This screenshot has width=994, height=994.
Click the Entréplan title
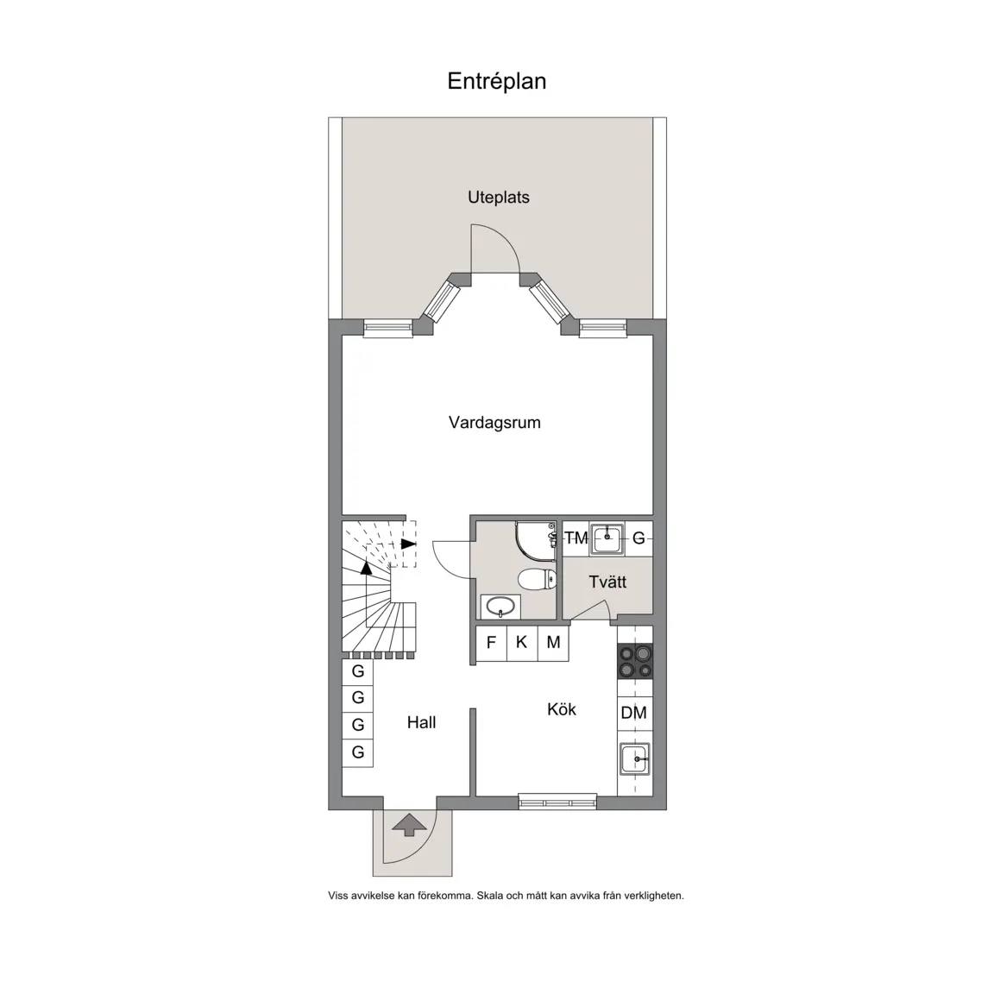(496, 81)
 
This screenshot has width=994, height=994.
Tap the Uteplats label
(498, 197)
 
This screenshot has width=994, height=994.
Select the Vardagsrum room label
(494, 423)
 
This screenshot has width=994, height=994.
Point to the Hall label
(422, 722)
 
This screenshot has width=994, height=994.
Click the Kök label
(562, 708)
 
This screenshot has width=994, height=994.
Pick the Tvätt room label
(607, 582)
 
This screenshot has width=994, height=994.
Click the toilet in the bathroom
(537, 579)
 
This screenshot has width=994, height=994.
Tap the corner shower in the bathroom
(536, 541)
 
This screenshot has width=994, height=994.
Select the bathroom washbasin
(500, 607)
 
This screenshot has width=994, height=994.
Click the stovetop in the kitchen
(635, 661)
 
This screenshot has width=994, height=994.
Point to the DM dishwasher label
(634, 713)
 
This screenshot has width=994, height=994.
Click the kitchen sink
(634, 758)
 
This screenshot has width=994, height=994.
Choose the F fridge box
(491, 643)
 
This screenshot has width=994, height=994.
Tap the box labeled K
(522, 643)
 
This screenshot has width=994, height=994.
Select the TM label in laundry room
(576, 538)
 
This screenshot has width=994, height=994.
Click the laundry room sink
(607, 538)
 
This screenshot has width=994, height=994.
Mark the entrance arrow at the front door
(409, 825)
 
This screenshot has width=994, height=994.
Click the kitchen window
(558, 802)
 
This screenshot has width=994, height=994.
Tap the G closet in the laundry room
(639, 538)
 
